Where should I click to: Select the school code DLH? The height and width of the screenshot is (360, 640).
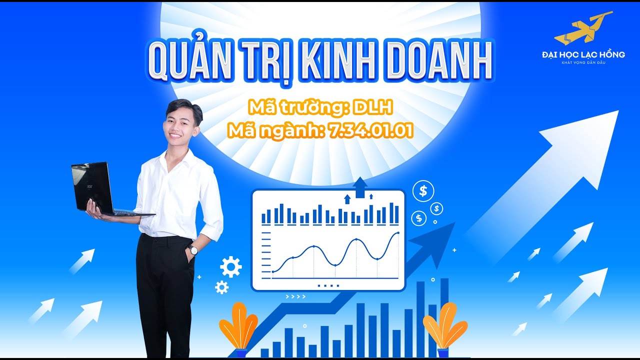click(373, 107)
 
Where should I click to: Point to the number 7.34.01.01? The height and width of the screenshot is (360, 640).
click(371, 131)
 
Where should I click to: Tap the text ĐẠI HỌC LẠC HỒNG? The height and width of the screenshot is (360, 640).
click(583, 54)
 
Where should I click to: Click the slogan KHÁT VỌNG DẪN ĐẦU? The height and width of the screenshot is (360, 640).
click(583, 62)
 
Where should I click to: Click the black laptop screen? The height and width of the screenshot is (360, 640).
click(91, 186)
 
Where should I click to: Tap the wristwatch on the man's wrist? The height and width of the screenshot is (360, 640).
click(193, 250)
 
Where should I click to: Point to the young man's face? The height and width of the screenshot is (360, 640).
click(180, 125)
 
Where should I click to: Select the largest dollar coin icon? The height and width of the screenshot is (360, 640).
click(423, 191)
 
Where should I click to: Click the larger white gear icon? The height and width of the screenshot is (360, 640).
click(231, 267)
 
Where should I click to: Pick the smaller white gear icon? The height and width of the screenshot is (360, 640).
click(221, 287)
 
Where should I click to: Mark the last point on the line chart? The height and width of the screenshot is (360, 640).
click(398, 233)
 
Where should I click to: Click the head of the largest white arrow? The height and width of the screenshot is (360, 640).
click(588, 143)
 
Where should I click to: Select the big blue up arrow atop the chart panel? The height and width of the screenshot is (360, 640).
click(360, 187)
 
